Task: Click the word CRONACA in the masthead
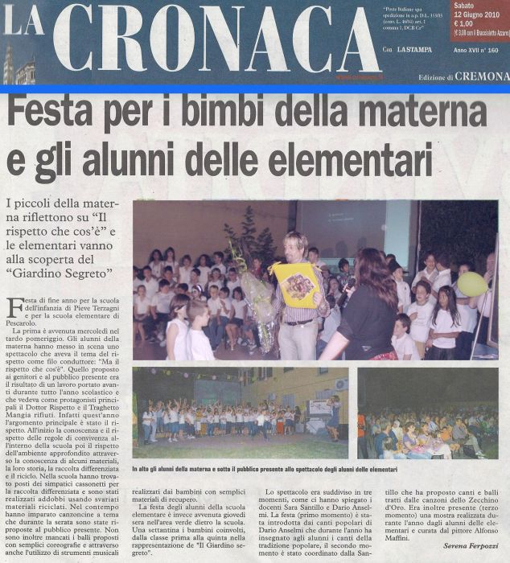[217, 40]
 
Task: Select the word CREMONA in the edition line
[482, 76]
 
